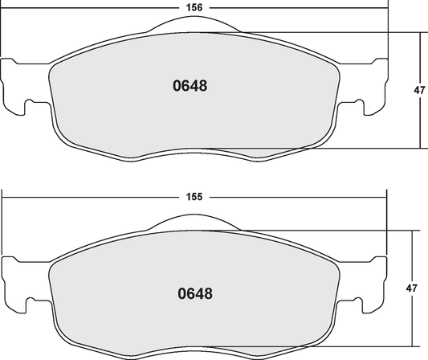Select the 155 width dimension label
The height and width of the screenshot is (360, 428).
point(193,195)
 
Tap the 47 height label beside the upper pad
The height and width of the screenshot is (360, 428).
point(419,91)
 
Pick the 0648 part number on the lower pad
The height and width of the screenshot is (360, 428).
point(194,293)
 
